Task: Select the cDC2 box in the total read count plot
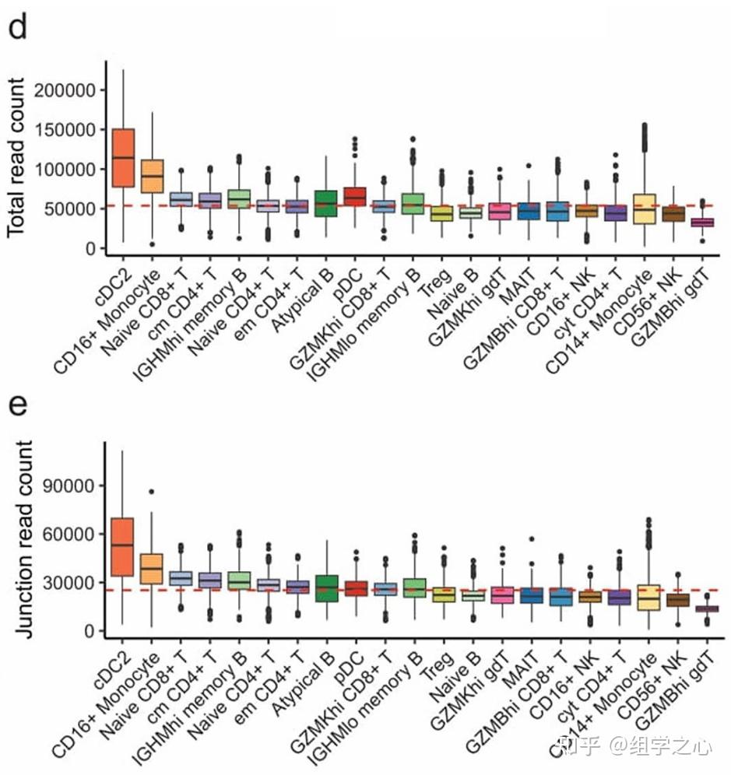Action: (x=124, y=158)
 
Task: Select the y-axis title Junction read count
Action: (x=23, y=539)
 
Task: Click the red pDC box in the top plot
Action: (x=355, y=197)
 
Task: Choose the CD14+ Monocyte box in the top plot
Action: (x=645, y=209)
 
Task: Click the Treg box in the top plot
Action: (x=442, y=213)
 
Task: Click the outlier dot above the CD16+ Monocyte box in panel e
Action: (x=151, y=492)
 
